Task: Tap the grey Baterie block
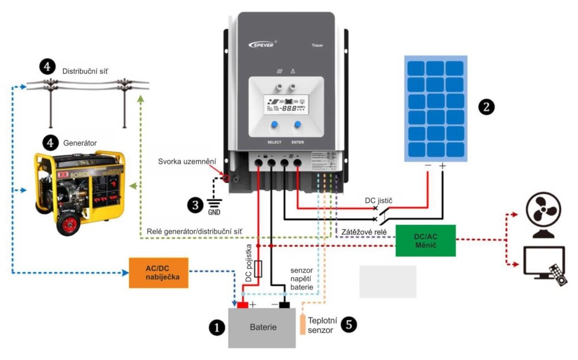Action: coord(262,328)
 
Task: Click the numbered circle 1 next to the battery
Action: coord(216,328)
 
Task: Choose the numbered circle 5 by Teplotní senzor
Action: coord(348,324)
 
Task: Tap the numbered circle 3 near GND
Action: coord(195,204)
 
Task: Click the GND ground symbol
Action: coord(214,203)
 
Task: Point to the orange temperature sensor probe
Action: coord(302,324)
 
